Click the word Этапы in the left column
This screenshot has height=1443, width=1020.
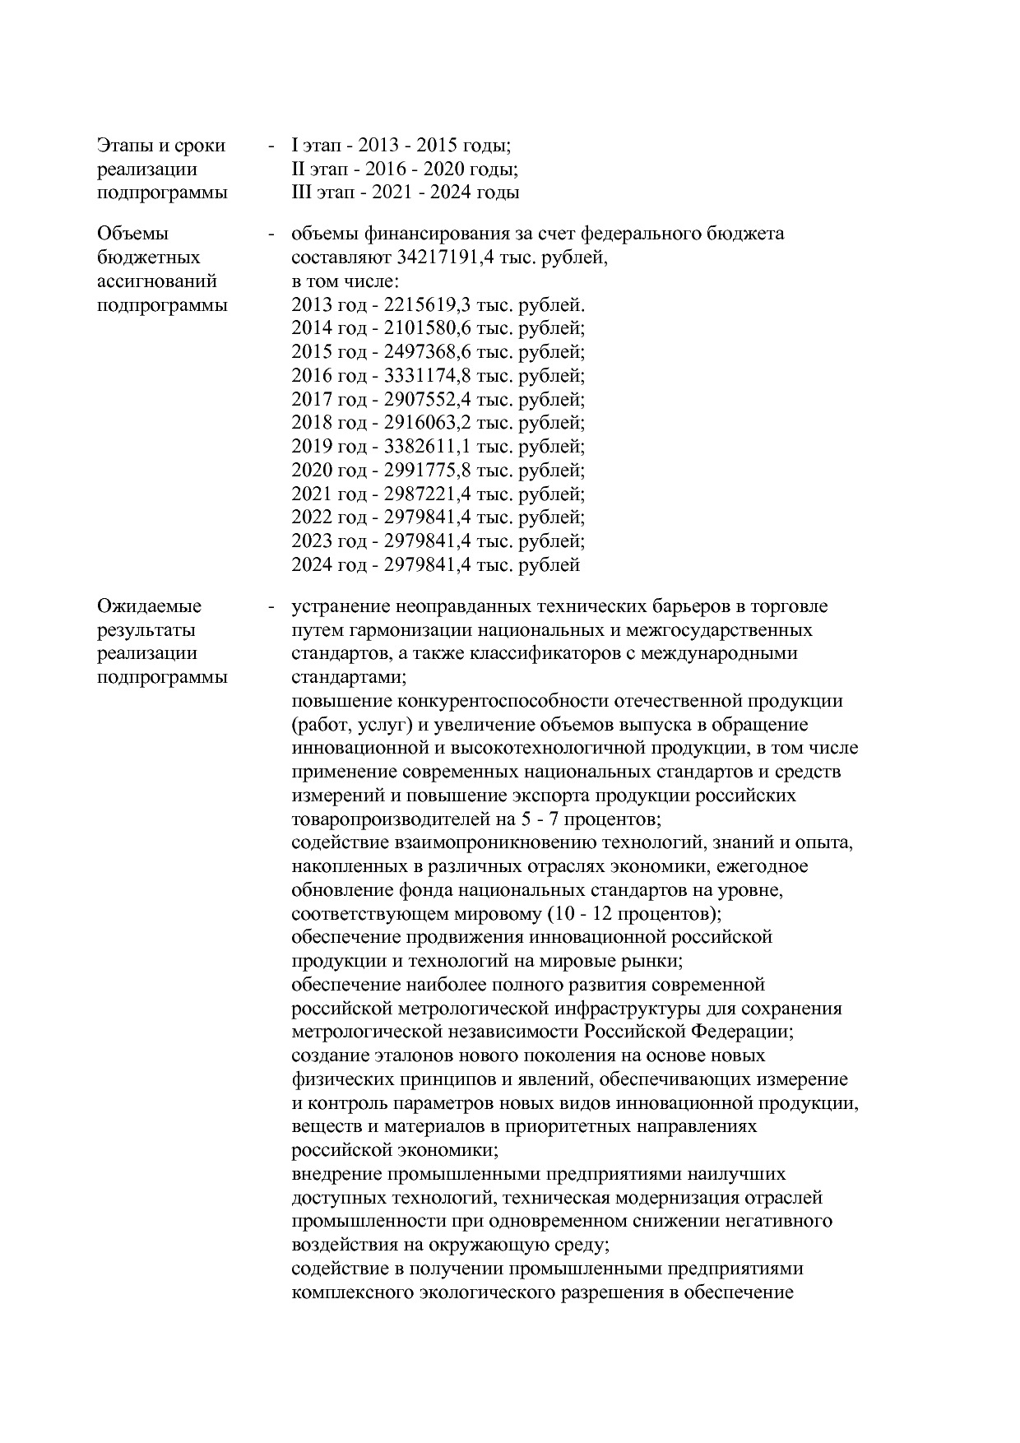[x=123, y=146]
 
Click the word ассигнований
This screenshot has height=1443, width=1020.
[x=157, y=281]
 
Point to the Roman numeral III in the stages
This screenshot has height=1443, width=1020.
[x=299, y=193]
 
